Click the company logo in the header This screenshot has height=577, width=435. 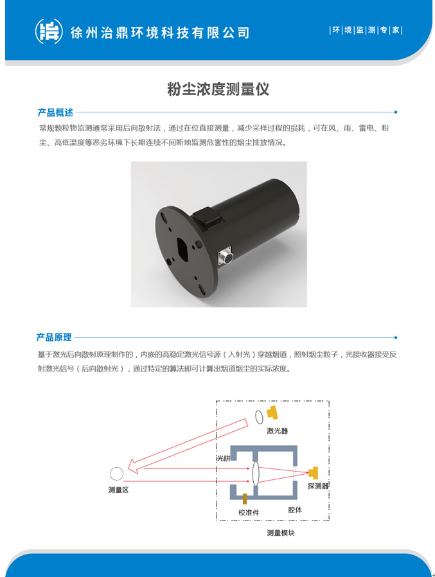[x=49, y=31]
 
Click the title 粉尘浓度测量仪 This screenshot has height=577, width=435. [x=218, y=89]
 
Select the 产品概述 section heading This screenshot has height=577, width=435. [x=55, y=112]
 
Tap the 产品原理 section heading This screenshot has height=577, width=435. [x=54, y=337]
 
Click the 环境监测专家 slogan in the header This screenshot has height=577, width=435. [x=366, y=30]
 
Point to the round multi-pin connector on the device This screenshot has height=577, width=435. [x=225, y=256]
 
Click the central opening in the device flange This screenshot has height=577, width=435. [x=182, y=250]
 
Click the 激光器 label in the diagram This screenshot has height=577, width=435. [x=277, y=431]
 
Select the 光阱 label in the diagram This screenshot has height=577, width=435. [x=224, y=458]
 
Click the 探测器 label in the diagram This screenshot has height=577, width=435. [x=318, y=486]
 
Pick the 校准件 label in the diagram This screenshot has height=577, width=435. [x=249, y=512]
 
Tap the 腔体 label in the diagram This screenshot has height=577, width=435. [x=295, y=510]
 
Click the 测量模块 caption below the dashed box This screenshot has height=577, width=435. [x=281, y=533]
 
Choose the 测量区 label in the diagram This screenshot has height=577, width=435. [x=118, y=490]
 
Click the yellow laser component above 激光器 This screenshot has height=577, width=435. [x=272, y=412]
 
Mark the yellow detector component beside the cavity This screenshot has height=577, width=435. [x=314, y=473]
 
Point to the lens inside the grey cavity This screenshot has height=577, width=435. [x=256, y=473]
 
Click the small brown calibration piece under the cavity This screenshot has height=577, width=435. [x=245, y=499]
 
